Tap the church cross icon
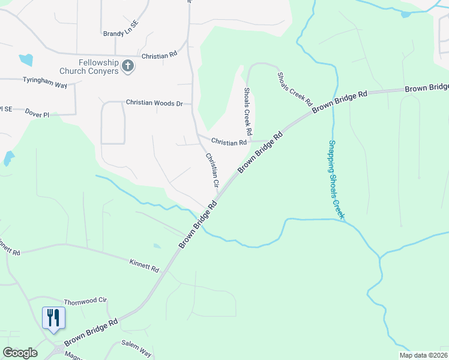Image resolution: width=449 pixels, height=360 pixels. tap(127, 66)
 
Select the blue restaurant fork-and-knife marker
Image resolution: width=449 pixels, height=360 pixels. tap(53, 317)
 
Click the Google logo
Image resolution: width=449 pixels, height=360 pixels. tap(20, 353)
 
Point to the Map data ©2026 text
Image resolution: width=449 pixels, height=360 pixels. tap(423, 355)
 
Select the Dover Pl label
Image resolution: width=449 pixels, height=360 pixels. tap(37, 112)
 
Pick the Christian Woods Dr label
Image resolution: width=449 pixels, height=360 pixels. tap(154, 103)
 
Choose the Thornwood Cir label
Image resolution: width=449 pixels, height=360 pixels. tap(85, 299)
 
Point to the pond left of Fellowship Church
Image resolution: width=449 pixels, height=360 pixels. tap(26, 59)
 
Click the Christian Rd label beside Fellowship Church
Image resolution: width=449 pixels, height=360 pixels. tap(159, 55)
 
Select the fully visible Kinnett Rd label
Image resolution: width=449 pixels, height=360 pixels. tap(145, 265)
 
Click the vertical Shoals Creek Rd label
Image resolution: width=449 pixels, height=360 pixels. tap(247, 111)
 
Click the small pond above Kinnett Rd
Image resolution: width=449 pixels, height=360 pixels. tap(157, 245)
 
